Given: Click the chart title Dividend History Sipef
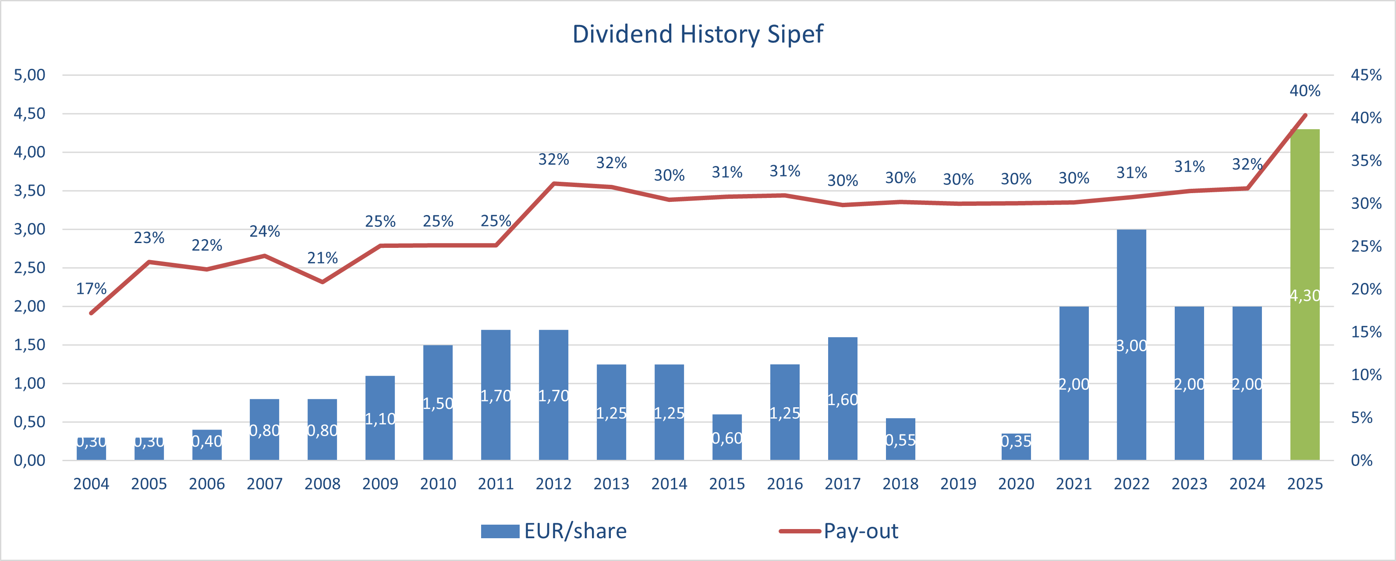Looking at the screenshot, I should (x=698, y=34).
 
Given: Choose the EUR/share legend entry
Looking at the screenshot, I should (x=554, y=531).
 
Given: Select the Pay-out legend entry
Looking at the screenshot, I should (x=839, y=531).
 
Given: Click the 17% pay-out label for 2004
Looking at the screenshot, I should (x=91, y=289).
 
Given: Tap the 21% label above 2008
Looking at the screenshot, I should (x=322, y=258).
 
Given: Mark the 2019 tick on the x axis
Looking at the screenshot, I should (x=958, y=483).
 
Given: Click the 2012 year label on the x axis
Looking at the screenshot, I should (x=553, y=483).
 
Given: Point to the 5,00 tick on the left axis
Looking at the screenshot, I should (x=29, y=75).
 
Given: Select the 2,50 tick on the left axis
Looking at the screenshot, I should (x=29, y=268).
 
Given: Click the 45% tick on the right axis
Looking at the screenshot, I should (x=1366, y=75).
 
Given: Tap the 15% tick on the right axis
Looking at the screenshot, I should (x=1366, y=332).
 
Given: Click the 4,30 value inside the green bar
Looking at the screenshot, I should (x=1304, y=296).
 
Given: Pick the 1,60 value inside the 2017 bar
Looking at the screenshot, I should (x=843, y=400).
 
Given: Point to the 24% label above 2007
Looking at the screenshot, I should (x=265, y=231).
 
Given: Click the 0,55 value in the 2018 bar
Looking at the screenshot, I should (x=900, y=440).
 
